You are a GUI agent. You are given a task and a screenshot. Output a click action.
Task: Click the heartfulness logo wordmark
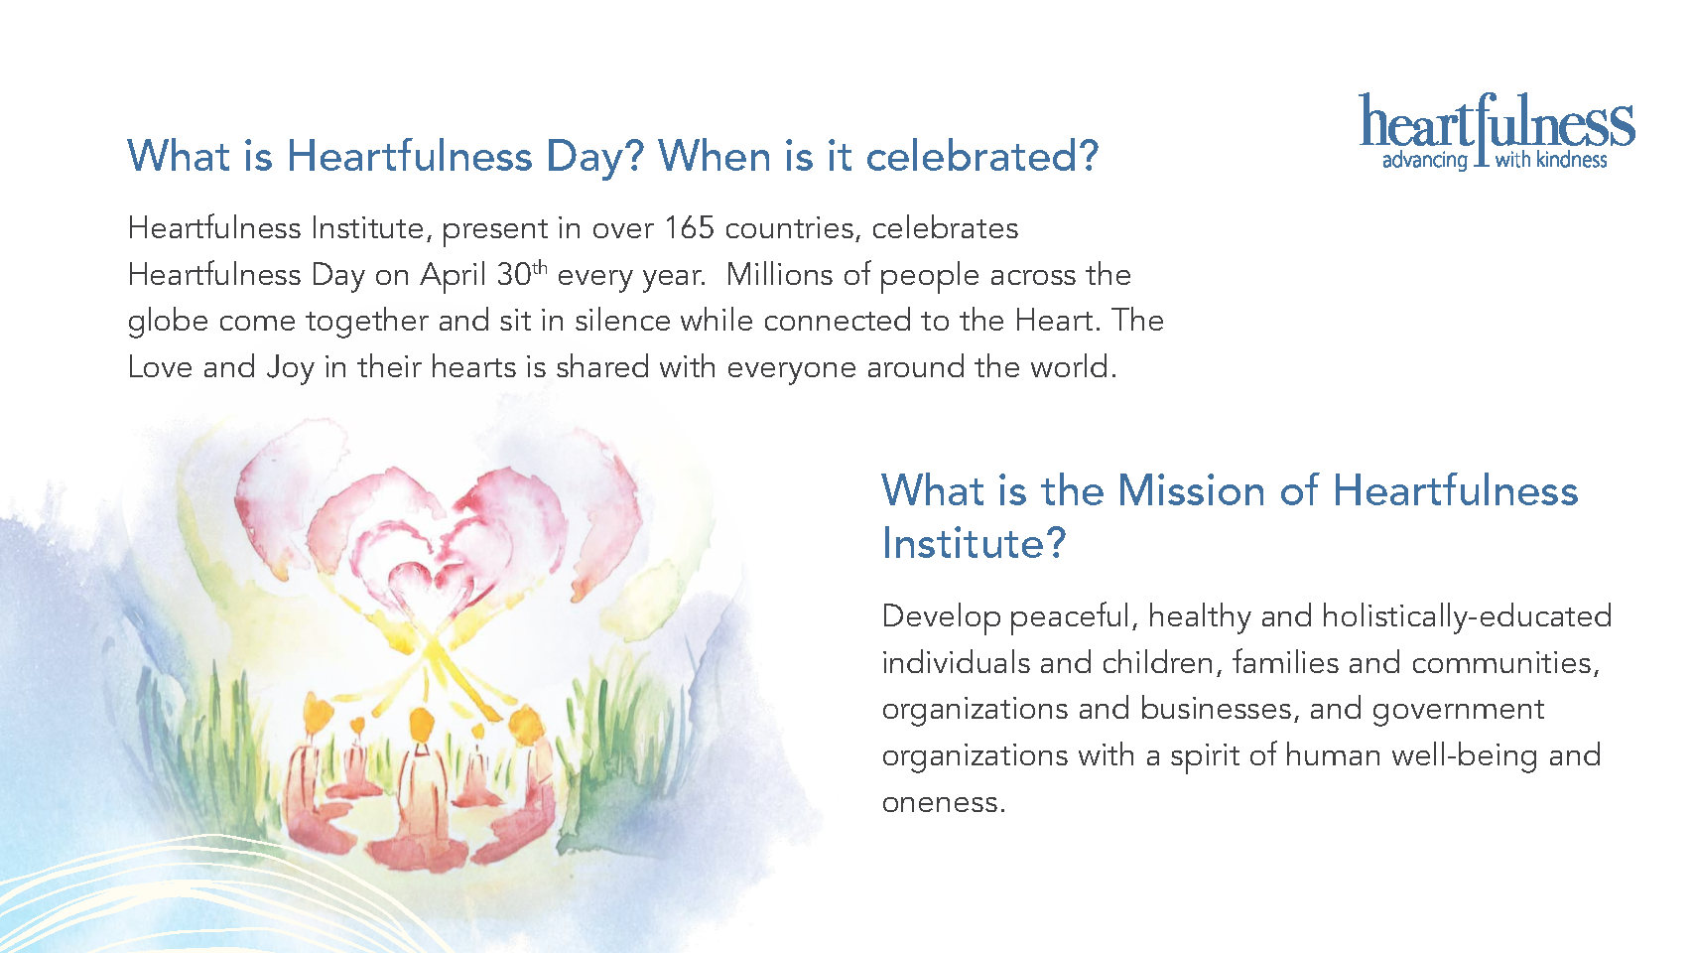[x=1497, y=120]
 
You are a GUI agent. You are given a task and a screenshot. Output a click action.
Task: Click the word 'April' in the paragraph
[x=453, y=275]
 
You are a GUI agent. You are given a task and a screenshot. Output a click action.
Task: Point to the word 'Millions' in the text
[x=779, y=275]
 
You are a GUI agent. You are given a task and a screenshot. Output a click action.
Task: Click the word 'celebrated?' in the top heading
[x=981, y=157]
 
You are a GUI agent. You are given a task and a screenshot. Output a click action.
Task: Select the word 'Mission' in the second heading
[x=1191, y=490]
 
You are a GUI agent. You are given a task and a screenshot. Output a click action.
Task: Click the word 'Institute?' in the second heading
[x=975, y=543]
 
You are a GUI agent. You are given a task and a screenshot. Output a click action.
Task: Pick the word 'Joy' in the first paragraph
[x=290, y=368]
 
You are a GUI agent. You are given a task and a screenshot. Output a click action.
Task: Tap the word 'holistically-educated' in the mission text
[x=1467, y=617]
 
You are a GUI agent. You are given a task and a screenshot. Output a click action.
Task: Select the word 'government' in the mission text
[x=1458, y=710]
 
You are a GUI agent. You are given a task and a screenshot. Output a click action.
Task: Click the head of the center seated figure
[x=421, y=724]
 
